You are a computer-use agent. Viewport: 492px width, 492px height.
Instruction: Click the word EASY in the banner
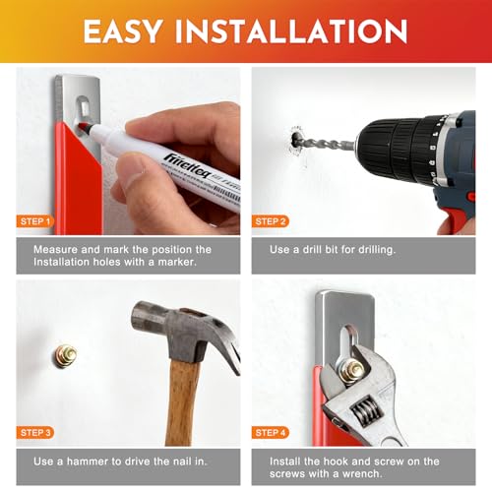tap(123, 31)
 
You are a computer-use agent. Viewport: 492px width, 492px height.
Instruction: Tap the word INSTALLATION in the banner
tap(291, 31)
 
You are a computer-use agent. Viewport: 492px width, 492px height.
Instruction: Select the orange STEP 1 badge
tap(35, 221)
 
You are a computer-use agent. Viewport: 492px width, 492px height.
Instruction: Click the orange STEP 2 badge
tap(271, 221)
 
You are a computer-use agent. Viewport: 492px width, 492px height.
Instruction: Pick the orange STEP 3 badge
tap(35, 433)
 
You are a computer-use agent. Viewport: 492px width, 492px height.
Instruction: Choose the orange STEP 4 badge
tap(271, 433)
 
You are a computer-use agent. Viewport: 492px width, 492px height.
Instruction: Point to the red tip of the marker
tap(84, 126)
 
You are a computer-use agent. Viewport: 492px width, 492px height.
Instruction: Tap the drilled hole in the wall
tap(295, 140)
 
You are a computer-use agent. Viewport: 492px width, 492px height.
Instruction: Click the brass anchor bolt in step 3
tap(65, 356)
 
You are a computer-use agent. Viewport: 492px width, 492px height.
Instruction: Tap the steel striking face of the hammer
tap(137, 318)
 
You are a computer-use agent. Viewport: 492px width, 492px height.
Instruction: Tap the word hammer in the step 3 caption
tap(88, 461)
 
